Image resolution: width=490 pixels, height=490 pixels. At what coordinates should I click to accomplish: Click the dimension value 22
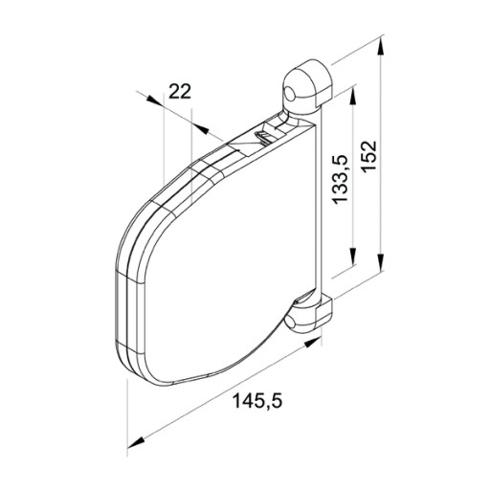(x=180, y=92)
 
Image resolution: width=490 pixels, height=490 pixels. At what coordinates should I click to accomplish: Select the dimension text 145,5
(x=257, y=401)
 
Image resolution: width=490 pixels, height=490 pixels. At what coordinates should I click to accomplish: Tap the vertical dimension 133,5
(x=340, y=179)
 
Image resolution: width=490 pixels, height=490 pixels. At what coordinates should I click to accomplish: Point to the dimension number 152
(x=369, y=156)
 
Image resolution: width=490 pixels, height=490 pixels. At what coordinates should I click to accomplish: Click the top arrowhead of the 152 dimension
(x=380, y=47)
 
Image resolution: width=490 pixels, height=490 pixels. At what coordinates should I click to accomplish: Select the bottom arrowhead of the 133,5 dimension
(x=353, y=256)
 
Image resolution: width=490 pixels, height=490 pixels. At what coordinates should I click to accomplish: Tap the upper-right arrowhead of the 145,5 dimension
(x=312, y=344)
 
